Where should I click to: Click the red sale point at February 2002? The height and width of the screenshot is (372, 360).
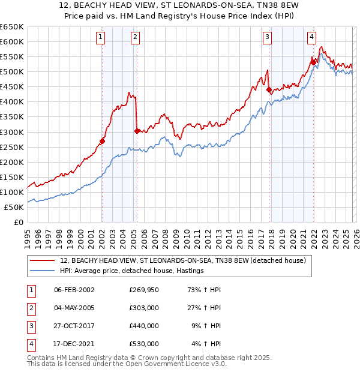click(102, 141)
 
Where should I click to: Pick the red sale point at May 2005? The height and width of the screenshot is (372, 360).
click(137, 131)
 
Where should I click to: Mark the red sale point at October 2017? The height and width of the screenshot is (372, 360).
click(269, 90)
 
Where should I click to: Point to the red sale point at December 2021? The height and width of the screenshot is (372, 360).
click(313, 62)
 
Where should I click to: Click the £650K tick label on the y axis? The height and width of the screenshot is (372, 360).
click(12, 27)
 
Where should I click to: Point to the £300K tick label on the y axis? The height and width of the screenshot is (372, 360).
click(12, 132)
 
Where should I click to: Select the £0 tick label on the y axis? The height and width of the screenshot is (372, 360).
click(18, 222)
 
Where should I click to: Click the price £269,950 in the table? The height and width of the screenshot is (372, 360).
click(144, 289)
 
